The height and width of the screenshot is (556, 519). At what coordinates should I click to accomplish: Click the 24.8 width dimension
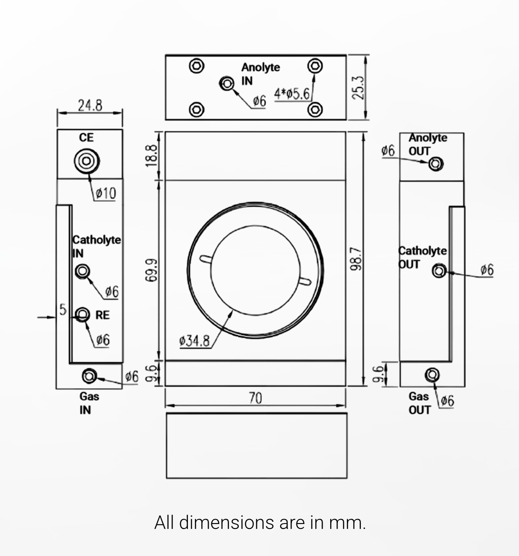[90, 105]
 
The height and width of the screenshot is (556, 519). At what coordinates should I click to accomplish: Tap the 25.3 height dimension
[359, 87]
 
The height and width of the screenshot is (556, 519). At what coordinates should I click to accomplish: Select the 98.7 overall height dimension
[356, 259]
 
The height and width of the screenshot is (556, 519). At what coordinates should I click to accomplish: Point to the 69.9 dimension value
[151, 270]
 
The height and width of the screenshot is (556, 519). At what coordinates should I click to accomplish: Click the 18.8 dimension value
[151, 155]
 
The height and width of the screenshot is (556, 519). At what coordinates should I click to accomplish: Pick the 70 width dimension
[255, 398]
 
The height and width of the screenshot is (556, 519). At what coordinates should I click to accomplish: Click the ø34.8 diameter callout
[194, 341]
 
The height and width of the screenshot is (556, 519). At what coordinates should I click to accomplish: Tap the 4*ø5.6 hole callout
[292, 94]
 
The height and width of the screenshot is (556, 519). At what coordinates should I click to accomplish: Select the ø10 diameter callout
[106, 193]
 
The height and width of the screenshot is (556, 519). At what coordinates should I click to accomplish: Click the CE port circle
[87, 161]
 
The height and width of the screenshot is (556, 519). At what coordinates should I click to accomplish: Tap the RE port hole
[82, 314]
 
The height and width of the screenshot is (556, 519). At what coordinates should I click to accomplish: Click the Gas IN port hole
[89, 376]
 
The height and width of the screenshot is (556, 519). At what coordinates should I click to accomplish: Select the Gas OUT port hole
[432, 375]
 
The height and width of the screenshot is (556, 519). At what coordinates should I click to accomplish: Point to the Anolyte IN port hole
[227, 83]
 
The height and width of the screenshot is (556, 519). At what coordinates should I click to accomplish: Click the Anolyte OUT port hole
[436, 164]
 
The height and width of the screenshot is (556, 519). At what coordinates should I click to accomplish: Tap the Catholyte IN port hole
[82, 271]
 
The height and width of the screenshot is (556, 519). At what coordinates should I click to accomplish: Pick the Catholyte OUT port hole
[439, 271]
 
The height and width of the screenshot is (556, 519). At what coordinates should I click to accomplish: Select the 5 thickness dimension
[63, 310]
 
